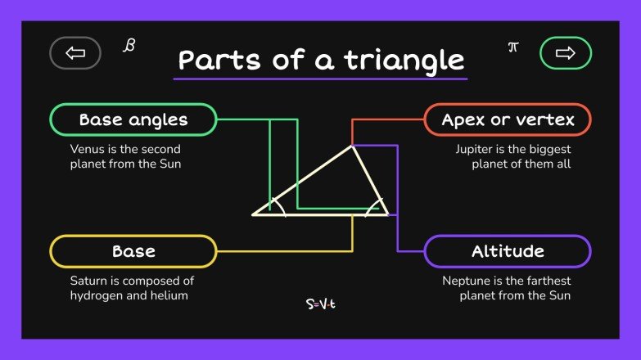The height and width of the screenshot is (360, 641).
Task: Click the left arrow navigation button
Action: pyautogui.click(x=75, y=53)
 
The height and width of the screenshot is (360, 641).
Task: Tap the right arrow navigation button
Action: pyautogui.click(x=565, y=53)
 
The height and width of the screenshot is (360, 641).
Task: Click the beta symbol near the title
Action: pyautogui.click(x=129, y=44)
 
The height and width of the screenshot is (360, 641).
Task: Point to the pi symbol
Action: pyautogui.click(x=513, y=47)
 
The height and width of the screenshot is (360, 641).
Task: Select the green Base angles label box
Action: pyautogui.click(x=133, y=120)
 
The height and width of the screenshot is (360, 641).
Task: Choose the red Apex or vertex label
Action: pyautogui.click(x=508, y=120)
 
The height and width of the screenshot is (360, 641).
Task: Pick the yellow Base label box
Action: pyautogui.click(x=133, y=251)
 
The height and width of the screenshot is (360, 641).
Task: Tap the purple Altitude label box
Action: pyautogui.click(x=508, y=251)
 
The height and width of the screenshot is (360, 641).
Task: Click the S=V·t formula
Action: pyautogui.click(x=321, y=304)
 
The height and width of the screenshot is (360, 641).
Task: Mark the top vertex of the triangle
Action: pyautogui.click(x=353, y=146)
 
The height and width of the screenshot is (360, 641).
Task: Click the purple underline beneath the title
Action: pyautogui.click(x=320, y=79)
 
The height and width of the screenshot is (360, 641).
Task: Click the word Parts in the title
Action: pyautogui.click(x=214, y=61)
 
